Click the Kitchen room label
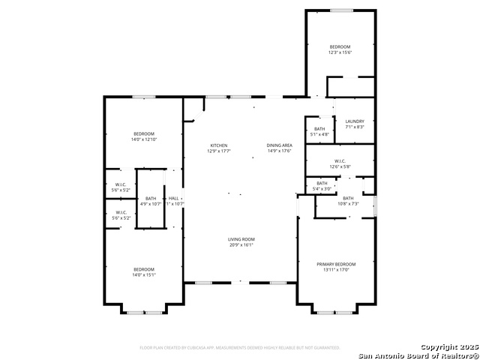coord(218,145)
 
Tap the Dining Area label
coord(279,145)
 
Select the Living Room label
coord(241,239)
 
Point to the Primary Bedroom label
coord(335,264)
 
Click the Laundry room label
coord(354,121)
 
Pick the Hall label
coord(173,198)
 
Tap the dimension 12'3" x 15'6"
coord(339,52)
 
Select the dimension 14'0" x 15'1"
coord(143,275)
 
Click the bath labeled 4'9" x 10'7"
coord(151,203)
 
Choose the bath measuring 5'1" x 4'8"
coord(320,134)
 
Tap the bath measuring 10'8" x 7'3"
coord(348,204)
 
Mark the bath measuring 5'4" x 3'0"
coord(322,189)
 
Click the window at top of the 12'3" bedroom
coord(342,10)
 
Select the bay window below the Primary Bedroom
coord(335,311)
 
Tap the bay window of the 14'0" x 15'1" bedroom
coord(143,311)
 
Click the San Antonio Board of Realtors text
coord(417,355)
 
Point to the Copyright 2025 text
coord(448,346)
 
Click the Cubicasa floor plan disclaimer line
coord(240,348)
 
